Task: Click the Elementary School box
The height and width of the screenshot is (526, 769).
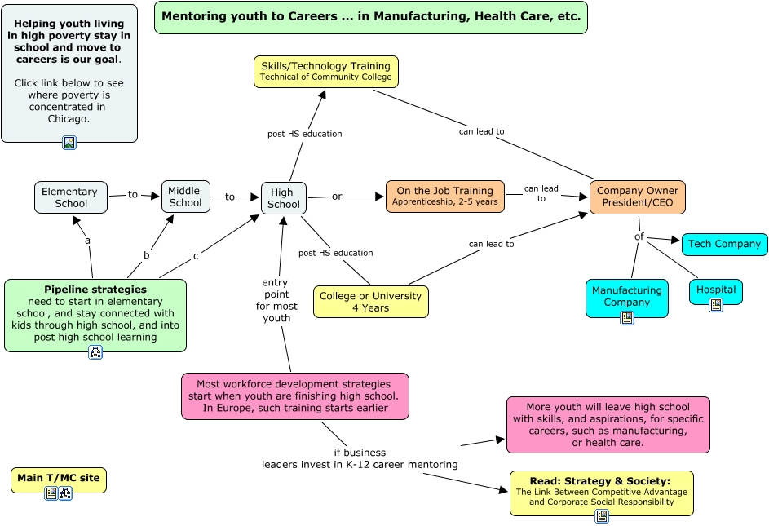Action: coord(70,197)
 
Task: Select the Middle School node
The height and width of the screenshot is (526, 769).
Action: coord(185,197)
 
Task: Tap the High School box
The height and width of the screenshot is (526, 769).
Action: coord(284,198)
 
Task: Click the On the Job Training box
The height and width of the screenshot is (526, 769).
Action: coord(444,196)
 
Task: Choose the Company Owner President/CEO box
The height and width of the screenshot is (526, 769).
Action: coord(637,197)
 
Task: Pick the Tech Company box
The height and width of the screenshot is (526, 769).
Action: coord(724,244)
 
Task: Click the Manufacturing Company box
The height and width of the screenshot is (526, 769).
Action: coord(626,295)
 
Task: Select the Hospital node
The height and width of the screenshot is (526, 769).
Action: coord(716,289)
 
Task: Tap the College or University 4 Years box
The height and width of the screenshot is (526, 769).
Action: coord(370,301)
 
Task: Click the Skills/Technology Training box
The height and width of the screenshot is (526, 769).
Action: coord(325,71)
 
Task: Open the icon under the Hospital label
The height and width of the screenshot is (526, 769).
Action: coord(716,304)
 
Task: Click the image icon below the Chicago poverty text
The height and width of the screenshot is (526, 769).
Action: coord(69,143)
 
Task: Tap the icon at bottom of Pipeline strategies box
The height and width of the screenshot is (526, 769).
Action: coord(95,352)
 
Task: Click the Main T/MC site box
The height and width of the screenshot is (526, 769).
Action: coord(58,478)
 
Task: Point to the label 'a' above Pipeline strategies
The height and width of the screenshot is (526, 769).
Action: coord(87,241)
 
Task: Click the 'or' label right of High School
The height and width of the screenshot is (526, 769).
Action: coord(337,197)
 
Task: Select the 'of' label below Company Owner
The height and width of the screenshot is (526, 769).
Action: coord(639,236)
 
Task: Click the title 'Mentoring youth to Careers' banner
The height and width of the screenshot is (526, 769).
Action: coord(370,17)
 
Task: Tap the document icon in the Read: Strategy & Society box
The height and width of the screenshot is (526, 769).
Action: coord(602,516)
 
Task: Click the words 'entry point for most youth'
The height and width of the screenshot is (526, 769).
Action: coord(276,300)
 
